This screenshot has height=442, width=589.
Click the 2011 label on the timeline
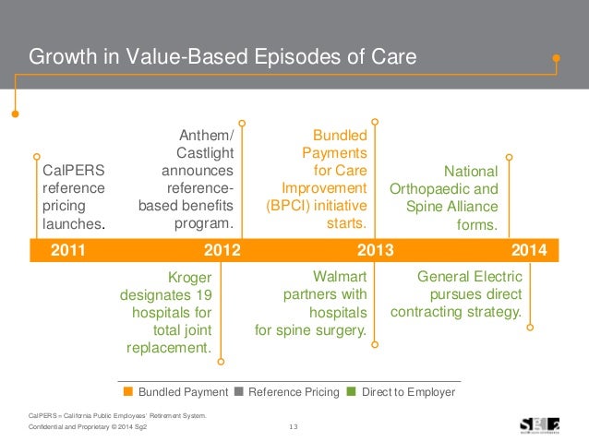67,249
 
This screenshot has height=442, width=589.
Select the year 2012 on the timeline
222,249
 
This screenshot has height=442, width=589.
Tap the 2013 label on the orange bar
375,249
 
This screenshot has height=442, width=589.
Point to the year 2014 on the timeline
529,249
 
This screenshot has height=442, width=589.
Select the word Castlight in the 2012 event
204,153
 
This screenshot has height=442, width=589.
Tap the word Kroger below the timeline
190,277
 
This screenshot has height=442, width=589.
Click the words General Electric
470,277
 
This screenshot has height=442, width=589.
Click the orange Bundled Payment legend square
129,392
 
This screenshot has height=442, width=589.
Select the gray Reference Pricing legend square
240,392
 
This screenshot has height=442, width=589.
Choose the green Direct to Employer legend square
352,392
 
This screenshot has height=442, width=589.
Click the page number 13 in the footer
294,425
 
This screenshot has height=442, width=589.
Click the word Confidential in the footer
50,426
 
